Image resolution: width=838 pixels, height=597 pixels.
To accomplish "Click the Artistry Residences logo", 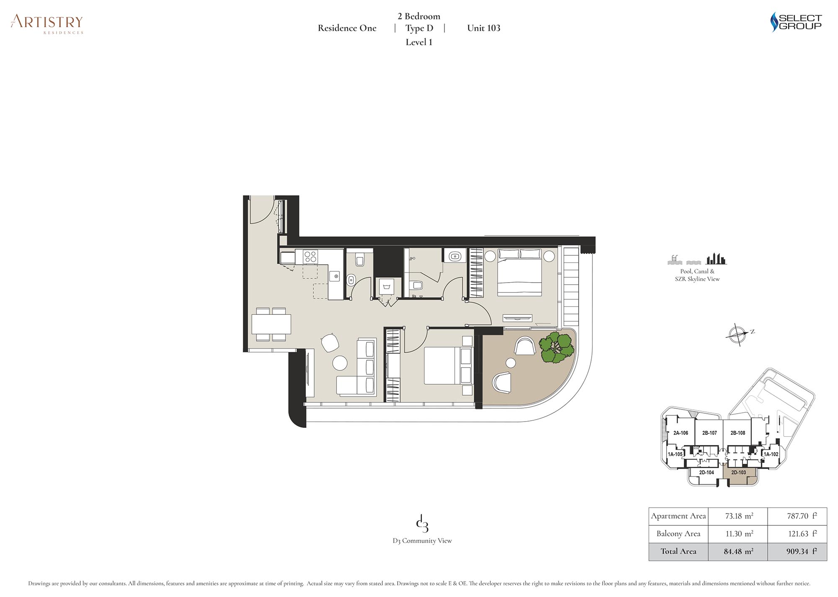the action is click(x=47, y=24).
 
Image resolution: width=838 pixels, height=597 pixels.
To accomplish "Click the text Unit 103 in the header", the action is click(x=484, y=28).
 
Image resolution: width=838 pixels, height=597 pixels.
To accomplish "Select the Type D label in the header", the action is click(x=419, y=28).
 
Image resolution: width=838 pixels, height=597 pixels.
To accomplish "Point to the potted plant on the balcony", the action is click(x=556, y=347).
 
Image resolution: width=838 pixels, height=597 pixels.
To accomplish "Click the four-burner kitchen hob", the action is click(x=310, y=256).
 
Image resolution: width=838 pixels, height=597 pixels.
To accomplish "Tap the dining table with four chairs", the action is click(x=271, y=324).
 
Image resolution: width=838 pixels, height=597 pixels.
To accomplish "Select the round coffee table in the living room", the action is click(x=340, y=363).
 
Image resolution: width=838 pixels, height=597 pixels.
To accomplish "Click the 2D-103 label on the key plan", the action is click(x=738, y=472).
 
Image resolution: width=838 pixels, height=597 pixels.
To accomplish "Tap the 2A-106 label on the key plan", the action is click(x=680, y=433).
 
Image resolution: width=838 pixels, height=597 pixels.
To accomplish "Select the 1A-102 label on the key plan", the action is click(x=771, y=454).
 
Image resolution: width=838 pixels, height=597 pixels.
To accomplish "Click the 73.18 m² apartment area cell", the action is click(x=739, y=516).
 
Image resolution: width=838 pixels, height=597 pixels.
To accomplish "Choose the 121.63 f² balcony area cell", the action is click(x=802, y=534).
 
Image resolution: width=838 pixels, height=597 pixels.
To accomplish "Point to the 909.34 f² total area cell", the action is click(x=802, y=551).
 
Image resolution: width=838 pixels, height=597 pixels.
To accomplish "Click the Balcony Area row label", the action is click(x=678, y=534).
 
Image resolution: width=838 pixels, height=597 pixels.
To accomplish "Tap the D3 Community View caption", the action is click(x=422, y=541).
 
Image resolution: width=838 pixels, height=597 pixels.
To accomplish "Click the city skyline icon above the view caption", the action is click(x=716, y=259).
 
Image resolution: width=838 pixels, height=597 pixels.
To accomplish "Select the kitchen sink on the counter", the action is click(x=336, y=276).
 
